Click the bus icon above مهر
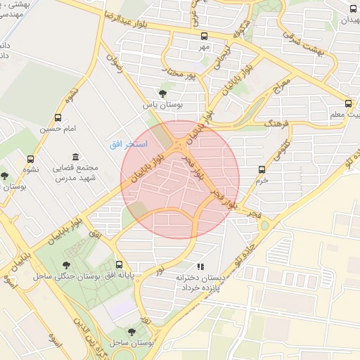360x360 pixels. (204, 36)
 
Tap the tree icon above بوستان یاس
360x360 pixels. (163, 93)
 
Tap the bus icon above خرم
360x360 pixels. (262, 169)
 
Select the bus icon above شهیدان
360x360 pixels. (352, 9)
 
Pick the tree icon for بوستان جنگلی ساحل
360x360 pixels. (67, 265)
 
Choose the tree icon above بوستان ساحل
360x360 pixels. (131, 331)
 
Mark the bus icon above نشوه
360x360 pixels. (30, 160)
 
